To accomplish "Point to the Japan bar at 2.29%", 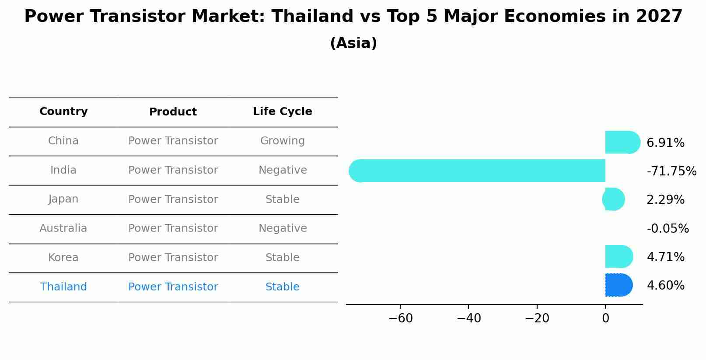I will (x=614, y=199).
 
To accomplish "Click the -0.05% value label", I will (x=668, y=229).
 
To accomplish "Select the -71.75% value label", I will (x=671, y=171).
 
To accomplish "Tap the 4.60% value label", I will (x=665, y=286).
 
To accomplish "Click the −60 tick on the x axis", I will (x=400, y=318).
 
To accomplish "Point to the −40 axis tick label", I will (x=468, y=318).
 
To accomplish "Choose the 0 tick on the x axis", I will (x=605, y=318).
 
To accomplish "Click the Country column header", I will (x=63, y=112).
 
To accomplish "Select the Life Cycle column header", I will (x=282, y=112).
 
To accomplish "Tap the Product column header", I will (x=173, y=112).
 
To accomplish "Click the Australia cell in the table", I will (x=63, y=228).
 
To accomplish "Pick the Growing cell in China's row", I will (x=282, y=141).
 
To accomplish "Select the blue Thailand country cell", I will (x=63, y=287).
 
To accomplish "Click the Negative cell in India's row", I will (x=283, y=170).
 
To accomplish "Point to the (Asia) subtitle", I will (x=353, y=43).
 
